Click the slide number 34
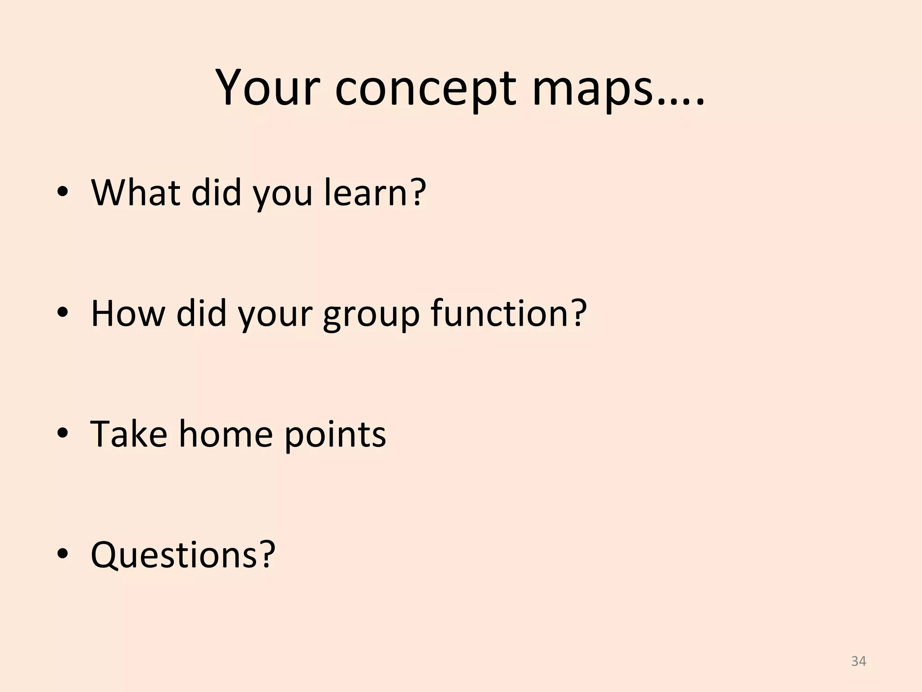pyautogui.click(x=859, y=661)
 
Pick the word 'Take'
pyautogui.click(x=129, y=433)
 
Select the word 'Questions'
pyautogui.click(x=175, y=555)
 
